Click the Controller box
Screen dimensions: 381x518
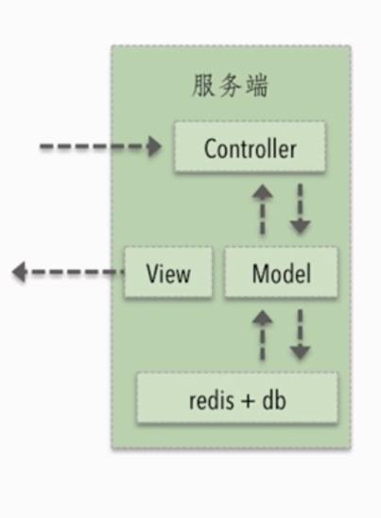(250, 147)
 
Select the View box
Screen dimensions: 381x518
(168, 272)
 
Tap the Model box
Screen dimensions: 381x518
(281, 272)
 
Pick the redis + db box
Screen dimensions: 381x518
(237, 397)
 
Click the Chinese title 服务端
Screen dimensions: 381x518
(230, 86)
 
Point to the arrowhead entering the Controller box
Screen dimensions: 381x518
(154, 147)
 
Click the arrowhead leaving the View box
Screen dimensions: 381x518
(19, 272)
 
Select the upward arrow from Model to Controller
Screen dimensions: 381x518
(263, 210)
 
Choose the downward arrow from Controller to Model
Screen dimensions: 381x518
(300, 210)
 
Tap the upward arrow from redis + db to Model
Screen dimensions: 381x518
(263, 335)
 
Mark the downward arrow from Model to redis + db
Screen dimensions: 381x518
(300, 335)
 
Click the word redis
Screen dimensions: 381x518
(211, 400)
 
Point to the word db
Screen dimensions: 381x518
(274, 400)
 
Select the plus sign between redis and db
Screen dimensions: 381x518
(248, 402)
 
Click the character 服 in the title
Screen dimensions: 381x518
(202, 86)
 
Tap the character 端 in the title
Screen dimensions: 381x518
(257, 86)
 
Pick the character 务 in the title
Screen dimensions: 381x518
(230, 86)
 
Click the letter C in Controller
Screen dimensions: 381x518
(211, 149)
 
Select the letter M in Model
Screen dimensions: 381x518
(260, 273)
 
